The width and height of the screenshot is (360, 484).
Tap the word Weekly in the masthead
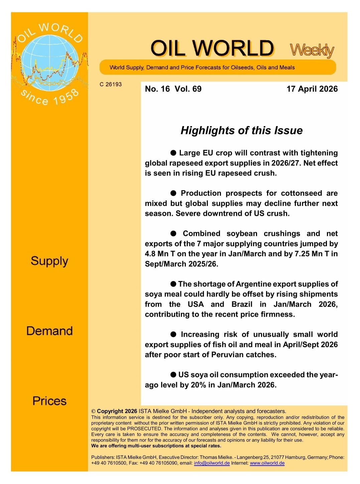click(x=312, y=50)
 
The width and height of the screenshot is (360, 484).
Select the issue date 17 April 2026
click(x=312, y=89)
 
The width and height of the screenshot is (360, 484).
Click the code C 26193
click(x=111, y=84)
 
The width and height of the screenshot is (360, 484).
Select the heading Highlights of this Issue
click(x=241, y=130)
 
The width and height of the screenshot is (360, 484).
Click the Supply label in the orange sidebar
click(x=49, y=261)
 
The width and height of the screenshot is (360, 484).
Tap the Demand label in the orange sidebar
click(x=49, y=331)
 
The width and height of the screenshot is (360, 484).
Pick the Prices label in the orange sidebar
click(x=49, y=401)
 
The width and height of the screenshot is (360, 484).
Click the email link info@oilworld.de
click(x=212, y=463)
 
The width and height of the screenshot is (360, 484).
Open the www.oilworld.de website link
click(x=267, y=463)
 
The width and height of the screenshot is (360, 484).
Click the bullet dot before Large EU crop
click(x=173, y=153)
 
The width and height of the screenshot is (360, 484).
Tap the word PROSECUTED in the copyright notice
click(x=144, y=429)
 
